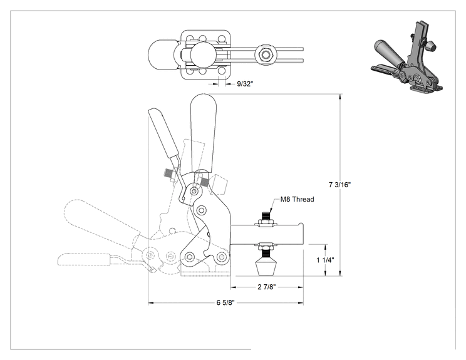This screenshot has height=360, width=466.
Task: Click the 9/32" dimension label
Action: [245, 84]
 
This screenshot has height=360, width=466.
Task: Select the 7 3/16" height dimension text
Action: [339, 185]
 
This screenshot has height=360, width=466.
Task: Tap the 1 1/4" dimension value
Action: [325, 260]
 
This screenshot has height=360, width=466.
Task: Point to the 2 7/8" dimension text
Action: [267, 287]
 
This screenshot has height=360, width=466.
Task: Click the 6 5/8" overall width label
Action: [225, 302]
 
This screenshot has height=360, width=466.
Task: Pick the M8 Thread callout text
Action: [297, 199]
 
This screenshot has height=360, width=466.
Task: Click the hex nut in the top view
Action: [266, 54]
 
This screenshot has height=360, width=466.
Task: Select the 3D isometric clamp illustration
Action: [407, 56]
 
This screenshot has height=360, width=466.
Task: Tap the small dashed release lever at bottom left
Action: [84, 259]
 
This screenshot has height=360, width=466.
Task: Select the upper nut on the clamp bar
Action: [266, 222]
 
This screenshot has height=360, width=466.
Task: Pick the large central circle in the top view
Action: [203, 54]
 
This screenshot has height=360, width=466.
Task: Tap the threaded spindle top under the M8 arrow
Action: [266, 215]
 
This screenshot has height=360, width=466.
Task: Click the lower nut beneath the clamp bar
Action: [266, 247]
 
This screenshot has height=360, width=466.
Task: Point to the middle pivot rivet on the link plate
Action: [201, 210]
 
